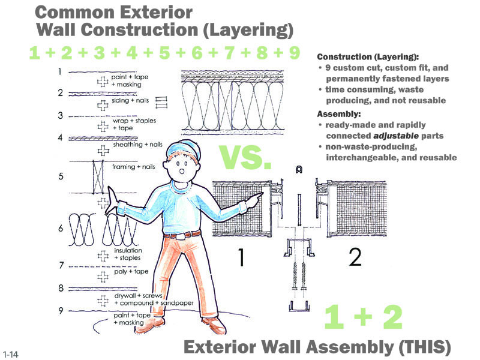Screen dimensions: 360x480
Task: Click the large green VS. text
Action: coord(245,157)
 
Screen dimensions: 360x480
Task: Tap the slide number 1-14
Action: coord(10,353)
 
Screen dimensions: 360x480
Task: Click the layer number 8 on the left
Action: coord(61,289)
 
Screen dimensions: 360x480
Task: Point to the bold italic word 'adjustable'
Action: coord(395,136)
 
